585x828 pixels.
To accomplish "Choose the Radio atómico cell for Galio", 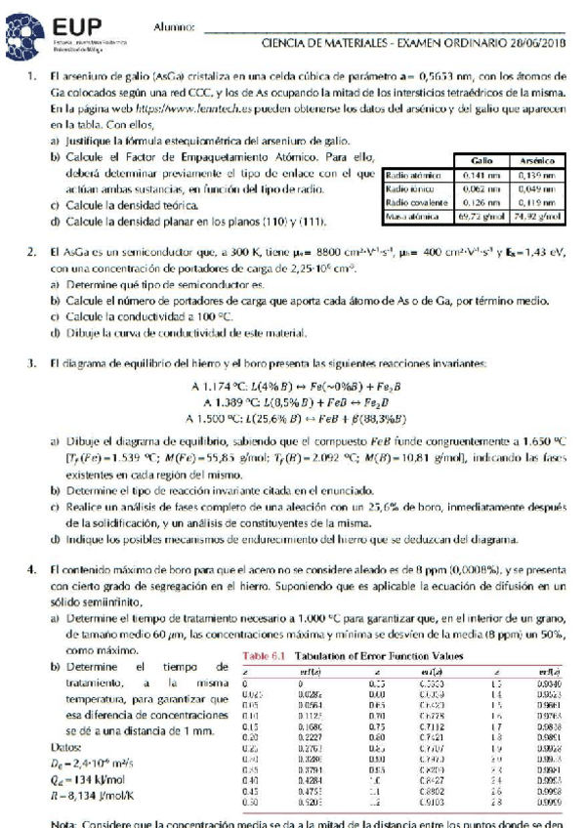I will (x=481, y=171).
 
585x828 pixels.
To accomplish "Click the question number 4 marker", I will (x=31, y=569).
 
